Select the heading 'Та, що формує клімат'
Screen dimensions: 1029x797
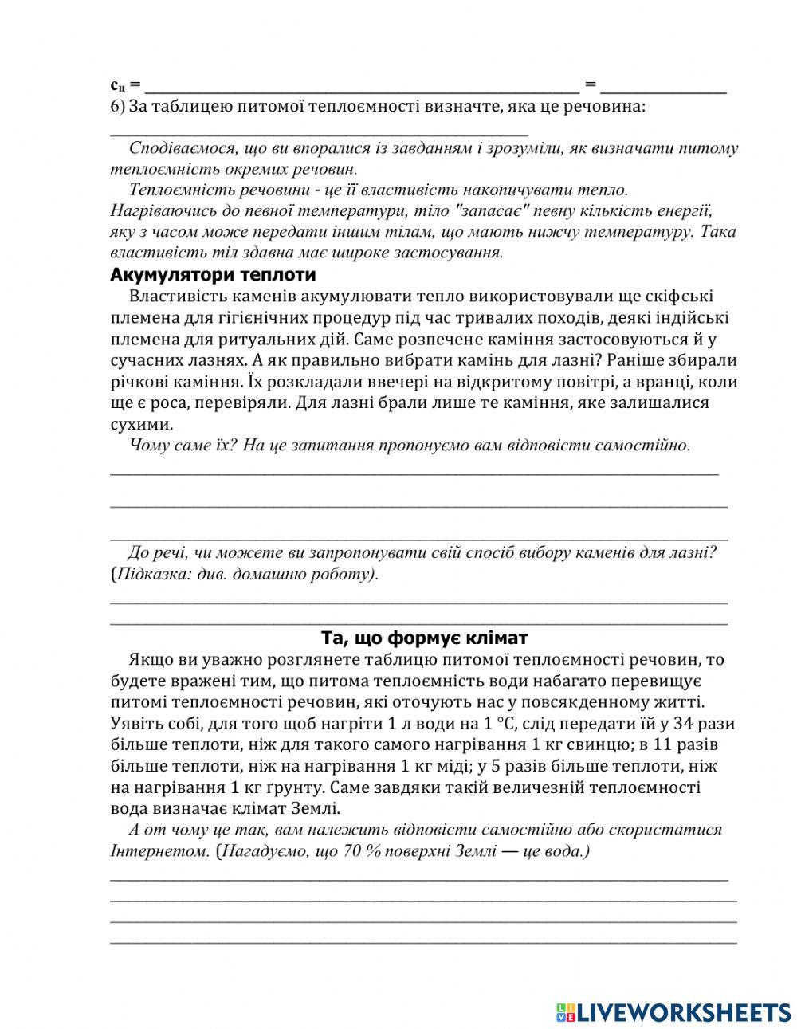point(424,638)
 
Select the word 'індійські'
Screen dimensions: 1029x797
point(693,318)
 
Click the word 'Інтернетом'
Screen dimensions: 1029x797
point(159,851)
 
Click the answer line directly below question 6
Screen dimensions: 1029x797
point(319,133)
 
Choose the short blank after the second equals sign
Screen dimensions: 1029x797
point(663,89)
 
